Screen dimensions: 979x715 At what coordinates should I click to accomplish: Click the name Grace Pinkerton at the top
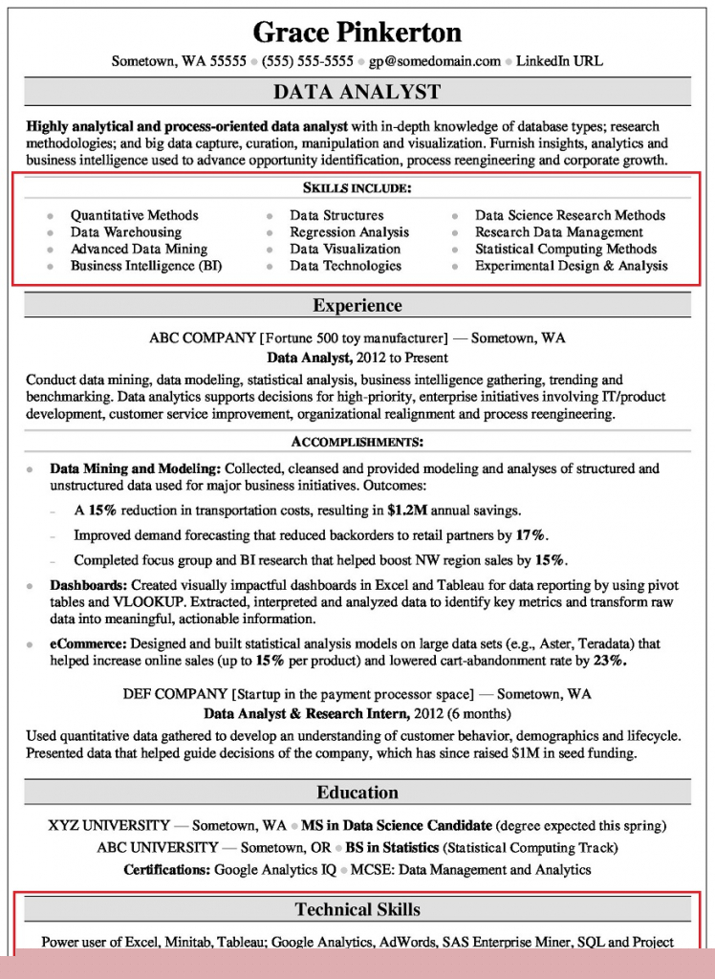pyautogui.click(x=357, y=33)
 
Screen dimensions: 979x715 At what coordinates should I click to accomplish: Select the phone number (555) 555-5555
pyautogui.click(x=309, y=61)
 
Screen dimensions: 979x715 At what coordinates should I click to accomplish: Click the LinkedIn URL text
pyautogui.click(x=559, y=61)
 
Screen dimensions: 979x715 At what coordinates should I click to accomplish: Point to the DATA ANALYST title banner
pyautogui.click(x=357, y=92)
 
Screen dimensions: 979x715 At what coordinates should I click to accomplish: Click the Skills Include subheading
pyautogui.click(x=357, y=188)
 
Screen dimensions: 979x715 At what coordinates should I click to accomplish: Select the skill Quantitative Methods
pyautogui.click(x=134, y=215)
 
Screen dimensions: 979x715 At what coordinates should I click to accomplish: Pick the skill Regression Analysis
pyautogui.click(x=349, y=232)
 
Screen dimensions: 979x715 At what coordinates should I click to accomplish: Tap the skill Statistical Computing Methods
pyautogui.click(x=566, y=250)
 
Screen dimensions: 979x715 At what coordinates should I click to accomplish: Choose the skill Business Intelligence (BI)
pyautogui.click(x=145, y=266)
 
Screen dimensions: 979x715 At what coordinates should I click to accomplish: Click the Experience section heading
pyautogui.click(x=357, y=306)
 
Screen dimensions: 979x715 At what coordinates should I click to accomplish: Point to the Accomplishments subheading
pyautogui.click(x=357, y=442)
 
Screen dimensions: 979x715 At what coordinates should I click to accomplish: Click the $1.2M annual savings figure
pyautogui.click(x=409, y=511)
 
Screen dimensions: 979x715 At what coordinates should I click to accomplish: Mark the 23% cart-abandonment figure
pyautogui.click(x=609, y=661)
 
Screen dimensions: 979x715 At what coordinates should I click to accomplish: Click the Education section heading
pyautogui.click(x=357, y=793)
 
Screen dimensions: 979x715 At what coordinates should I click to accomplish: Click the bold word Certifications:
pyautogui.click(x=166, y=870)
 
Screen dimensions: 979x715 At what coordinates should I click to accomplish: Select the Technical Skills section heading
pyautogui.click(x=357, y=909)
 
